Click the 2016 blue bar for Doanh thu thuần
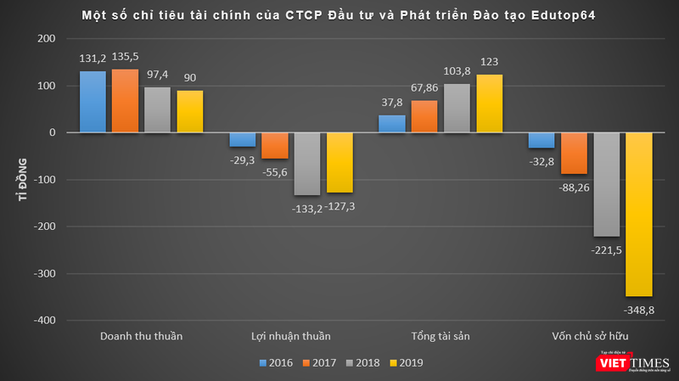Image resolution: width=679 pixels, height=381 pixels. [93, 102]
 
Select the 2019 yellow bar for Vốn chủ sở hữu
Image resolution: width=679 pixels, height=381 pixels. [640, 214]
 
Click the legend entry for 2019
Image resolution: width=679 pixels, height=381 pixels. [403, 362]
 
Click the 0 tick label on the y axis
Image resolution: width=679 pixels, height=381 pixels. [52, 133]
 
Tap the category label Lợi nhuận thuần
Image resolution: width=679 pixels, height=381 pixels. [291, 336]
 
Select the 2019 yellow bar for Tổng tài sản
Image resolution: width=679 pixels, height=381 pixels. [491, 104]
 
